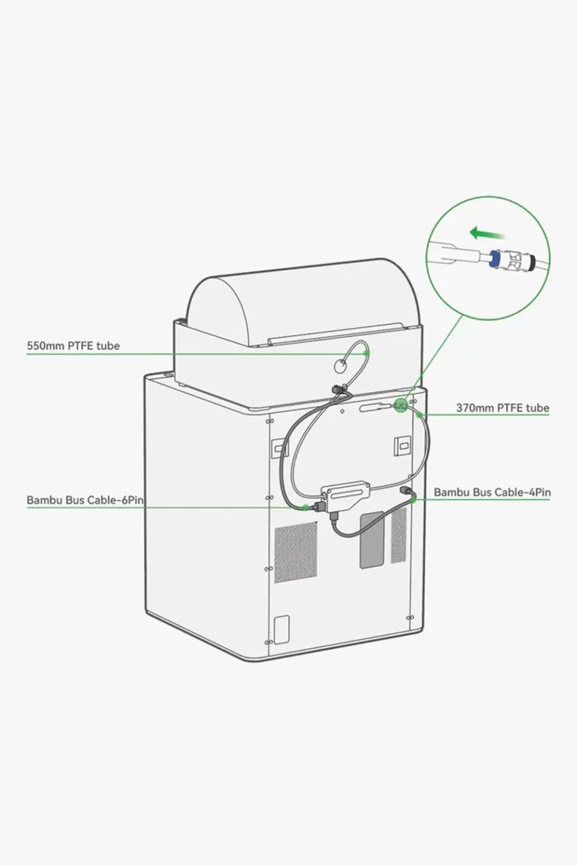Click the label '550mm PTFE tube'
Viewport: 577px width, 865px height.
click(73, 346)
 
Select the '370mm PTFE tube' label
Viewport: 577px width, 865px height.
click(503, 408)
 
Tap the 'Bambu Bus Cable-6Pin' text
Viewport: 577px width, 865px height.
click(85, 500)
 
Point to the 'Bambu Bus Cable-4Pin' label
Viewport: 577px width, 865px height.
click(492, 492)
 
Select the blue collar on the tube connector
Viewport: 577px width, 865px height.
click(492, 259)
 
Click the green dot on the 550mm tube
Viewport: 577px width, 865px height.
click(367, 353)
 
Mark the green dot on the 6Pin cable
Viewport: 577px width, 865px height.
click(306, 507)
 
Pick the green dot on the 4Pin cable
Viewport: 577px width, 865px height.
click(413, 500)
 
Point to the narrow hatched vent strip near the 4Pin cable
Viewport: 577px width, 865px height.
click(399, 535)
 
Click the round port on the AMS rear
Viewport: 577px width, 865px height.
click(341, 365)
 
